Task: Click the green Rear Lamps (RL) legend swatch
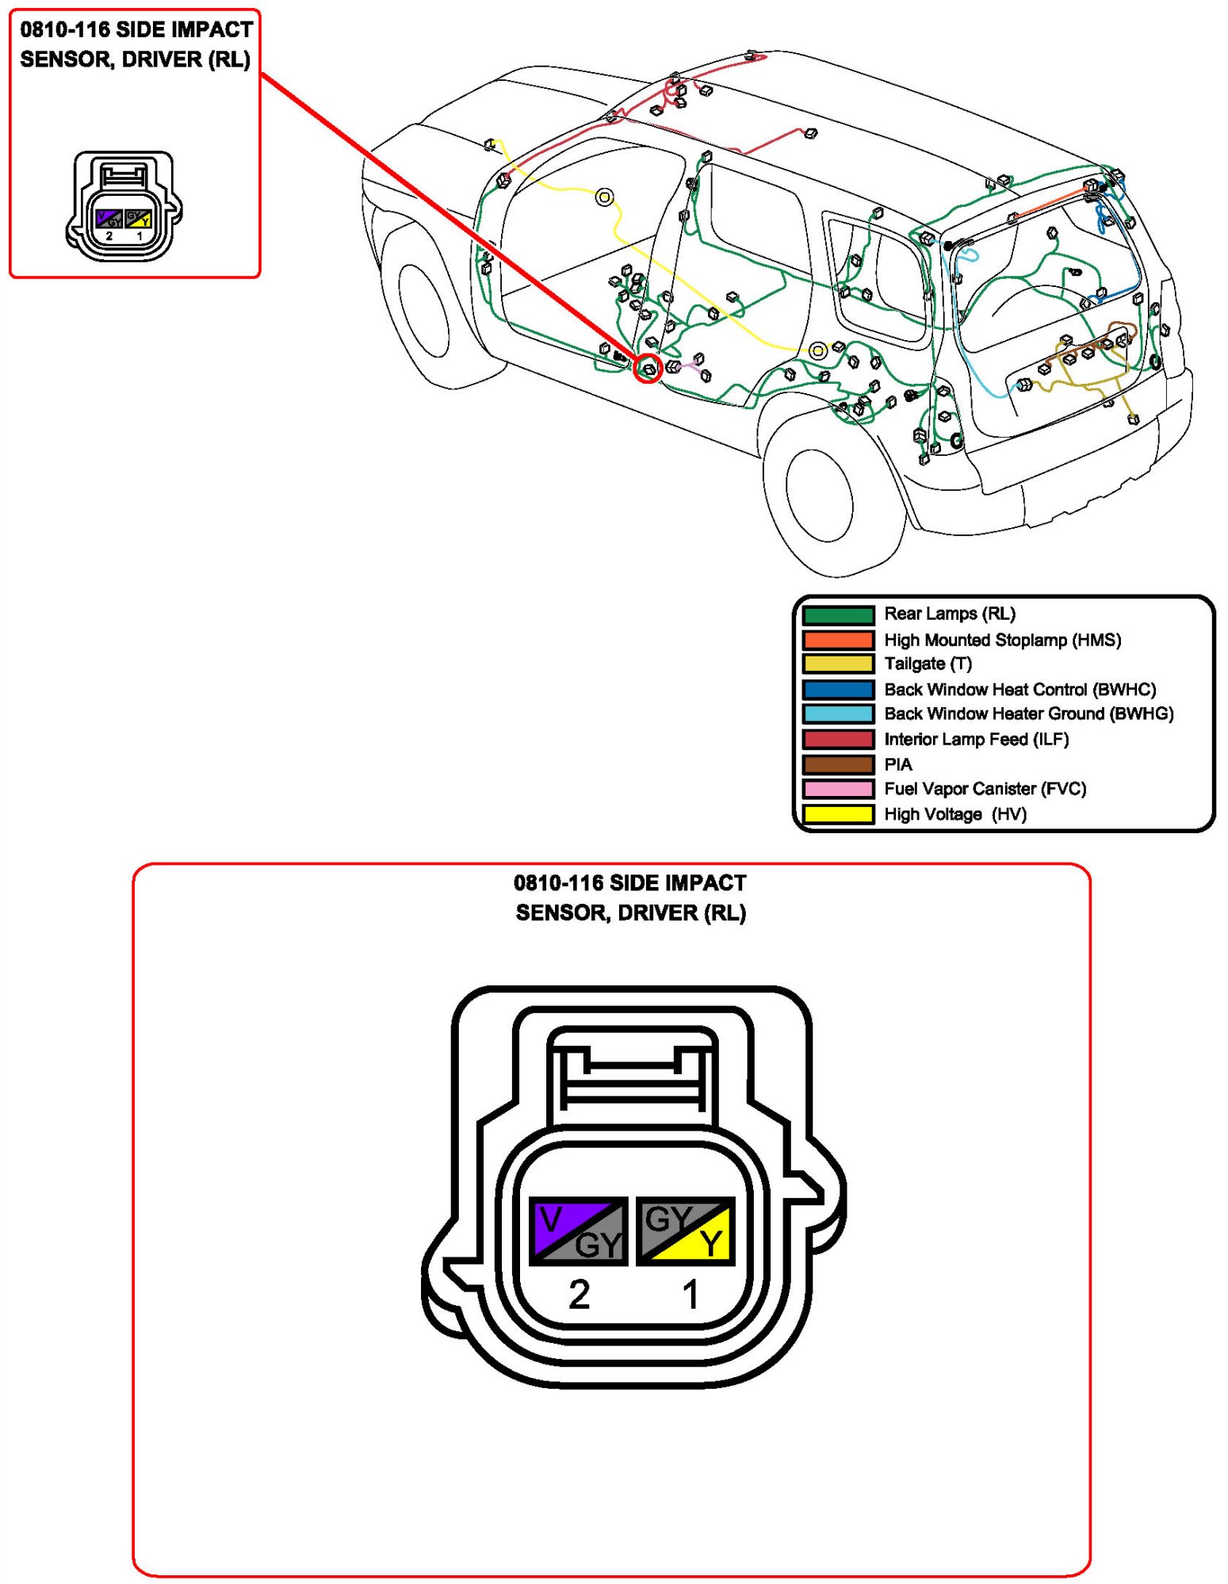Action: click(838, 614)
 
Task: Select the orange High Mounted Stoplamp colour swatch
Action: click(838, 640)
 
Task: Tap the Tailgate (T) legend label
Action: click(928, 664)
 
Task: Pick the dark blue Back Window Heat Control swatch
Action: click(838, 689)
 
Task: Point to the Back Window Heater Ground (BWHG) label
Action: click(1028, 714)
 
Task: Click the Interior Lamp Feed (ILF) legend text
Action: click(976, 739)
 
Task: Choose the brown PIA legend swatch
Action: click(838, 764)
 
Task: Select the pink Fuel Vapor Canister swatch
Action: click(838, 789)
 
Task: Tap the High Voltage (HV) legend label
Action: click(954, 814)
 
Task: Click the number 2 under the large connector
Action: click(580, 1295)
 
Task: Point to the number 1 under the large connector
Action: click(691, 1295)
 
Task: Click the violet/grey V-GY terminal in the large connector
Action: click(578, 1230)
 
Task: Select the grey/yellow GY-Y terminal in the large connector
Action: click(686, 1230)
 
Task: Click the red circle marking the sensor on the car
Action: click(648, 368)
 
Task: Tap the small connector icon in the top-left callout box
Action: click(124, 207)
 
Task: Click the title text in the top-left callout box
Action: click(136, 44)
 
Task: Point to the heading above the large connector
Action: click(630, 897)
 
